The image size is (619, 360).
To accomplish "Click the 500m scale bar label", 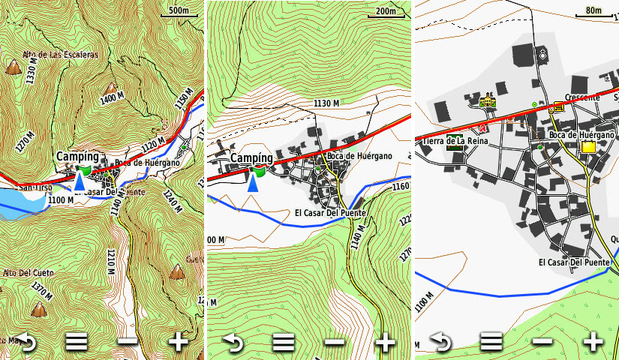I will [x=179, y=10].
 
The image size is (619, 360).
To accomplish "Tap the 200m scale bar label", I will [x=385, y=10].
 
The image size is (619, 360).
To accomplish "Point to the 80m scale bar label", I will [x=593, y=10].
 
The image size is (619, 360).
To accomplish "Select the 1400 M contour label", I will [x=111, y=97].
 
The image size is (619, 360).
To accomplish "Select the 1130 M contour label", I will [x=326, y=103].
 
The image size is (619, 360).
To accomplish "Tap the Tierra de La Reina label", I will [x=455, y=141].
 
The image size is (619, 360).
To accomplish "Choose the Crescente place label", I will [x=582, y=97].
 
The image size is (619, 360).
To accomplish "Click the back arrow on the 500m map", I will [x=26, y=343].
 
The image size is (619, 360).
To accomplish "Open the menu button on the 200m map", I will [x=283, y=343].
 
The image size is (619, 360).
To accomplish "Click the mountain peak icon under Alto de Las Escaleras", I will [x=14, y=68].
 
